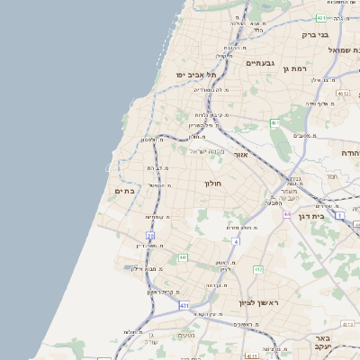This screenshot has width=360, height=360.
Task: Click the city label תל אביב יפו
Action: pyautogui.click(x=192, y=74)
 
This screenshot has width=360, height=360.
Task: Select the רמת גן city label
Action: pyautogui.click(x=294, y=69)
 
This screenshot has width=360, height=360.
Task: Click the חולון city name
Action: pyautogui.click(x=213, y=183)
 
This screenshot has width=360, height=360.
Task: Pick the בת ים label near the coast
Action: pyautogui.click(x=124, y=191)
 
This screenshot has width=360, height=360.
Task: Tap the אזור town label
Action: pyautogui.click(x=240, y=154)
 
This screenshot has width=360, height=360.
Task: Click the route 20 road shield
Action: pyautogui.click(x=151, y=236)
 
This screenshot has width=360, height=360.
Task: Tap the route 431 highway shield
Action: pyautogui.click(x=184, y=306)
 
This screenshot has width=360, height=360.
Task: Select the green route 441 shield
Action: pyautogui.click(x=183, y=258)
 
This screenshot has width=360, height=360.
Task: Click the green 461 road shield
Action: pyautogui.click(x=274, y=122)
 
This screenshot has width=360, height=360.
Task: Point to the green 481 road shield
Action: pyautogui.click(x=321, y=17)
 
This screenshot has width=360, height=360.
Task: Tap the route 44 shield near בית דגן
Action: pyautogui.click(x=286, y=214)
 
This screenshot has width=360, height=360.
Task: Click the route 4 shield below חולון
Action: pyautogui.click(x=236, y=242)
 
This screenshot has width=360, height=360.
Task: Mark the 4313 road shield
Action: pyautogui.click(x=251, y=355)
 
